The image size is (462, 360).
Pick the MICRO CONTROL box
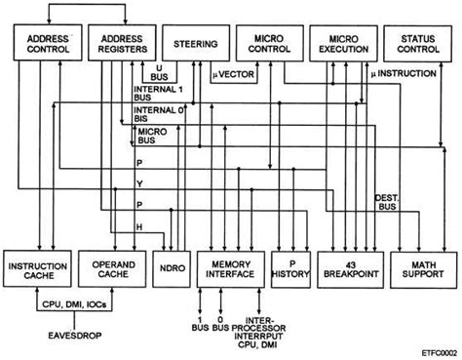tap(268, 43)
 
